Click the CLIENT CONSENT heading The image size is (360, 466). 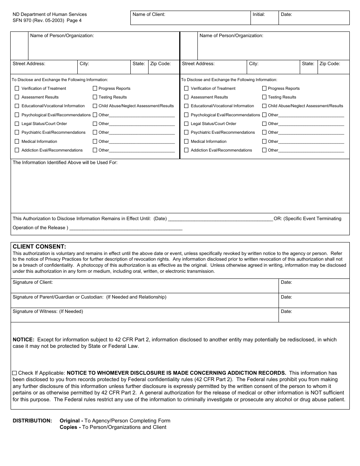pos(39,247)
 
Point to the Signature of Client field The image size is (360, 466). pos(144,286)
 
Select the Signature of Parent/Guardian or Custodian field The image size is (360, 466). pos(144,300)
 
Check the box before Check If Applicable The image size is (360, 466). pos(14,373)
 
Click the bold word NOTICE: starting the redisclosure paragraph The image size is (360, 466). pos(23,340)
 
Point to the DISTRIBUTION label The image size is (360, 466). pos(32,421)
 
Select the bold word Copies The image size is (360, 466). pos(68,427)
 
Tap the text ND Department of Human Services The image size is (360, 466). pos(50,14)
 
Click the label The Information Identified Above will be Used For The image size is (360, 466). pos(65,163)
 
